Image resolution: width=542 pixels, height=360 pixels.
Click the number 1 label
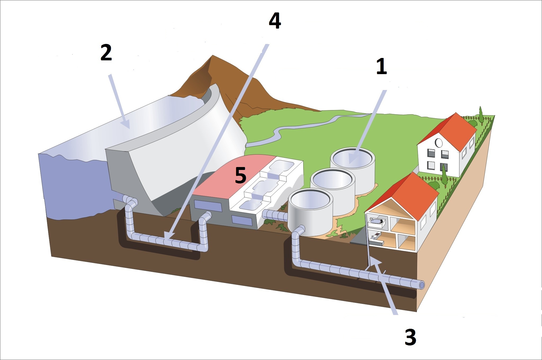coord(381,66)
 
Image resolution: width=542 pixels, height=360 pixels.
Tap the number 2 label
coord(106,53)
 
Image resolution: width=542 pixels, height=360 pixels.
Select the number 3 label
coord(410,337)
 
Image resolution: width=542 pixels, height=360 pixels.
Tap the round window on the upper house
coord(439,143)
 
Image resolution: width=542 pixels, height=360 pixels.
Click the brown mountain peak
coord(212,57)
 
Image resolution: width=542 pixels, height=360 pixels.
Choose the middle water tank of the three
coord(333,191)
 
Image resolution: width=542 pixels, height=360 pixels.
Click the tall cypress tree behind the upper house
coord(481,115)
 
